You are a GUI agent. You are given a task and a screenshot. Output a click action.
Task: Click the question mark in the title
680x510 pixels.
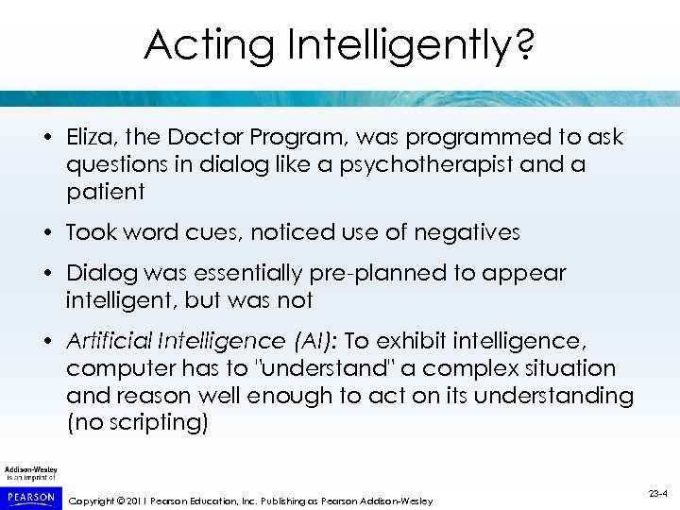[x=522, y=45]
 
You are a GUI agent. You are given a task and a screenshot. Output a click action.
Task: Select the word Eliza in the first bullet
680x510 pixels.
[x=90, y=137]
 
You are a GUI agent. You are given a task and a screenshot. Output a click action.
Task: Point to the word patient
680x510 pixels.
[x=106, y=193]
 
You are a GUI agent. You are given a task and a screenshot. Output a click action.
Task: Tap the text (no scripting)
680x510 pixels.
[x=137, y=423]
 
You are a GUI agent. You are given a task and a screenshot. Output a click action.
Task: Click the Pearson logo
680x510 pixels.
[x=30, y=497]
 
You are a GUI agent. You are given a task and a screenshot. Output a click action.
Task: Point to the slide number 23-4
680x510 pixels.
[x=659, y=492]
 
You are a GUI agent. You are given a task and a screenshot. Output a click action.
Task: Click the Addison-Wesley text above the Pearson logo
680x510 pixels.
[x=30, y=470]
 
